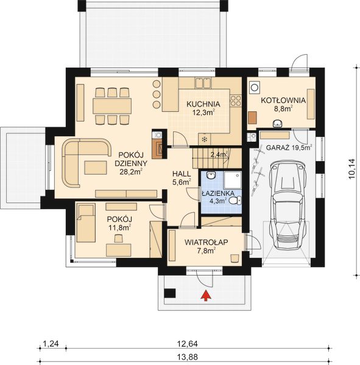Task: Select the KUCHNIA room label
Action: [203, 103]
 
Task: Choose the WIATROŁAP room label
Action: [206, 242]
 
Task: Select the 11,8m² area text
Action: [121, 229]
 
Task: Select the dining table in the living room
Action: [112, 106]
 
